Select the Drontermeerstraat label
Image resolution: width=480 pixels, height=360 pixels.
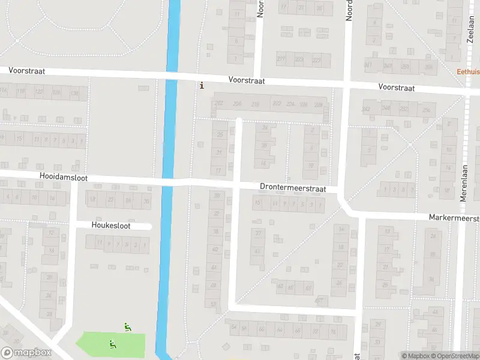(x=293, y=188)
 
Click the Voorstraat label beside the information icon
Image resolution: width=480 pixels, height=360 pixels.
(x=247, y=80)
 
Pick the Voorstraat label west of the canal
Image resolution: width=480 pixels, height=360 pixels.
(x=26, y=71)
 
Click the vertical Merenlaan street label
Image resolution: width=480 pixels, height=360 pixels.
(x=464, y=179)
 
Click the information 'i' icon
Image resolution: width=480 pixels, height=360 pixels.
(x=202, y=85)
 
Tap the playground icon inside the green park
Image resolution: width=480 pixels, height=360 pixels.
(x=112, y=344)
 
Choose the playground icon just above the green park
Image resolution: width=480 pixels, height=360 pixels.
(x=127, y=327)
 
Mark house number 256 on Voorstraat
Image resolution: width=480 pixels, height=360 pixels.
(x=427, y=110)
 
